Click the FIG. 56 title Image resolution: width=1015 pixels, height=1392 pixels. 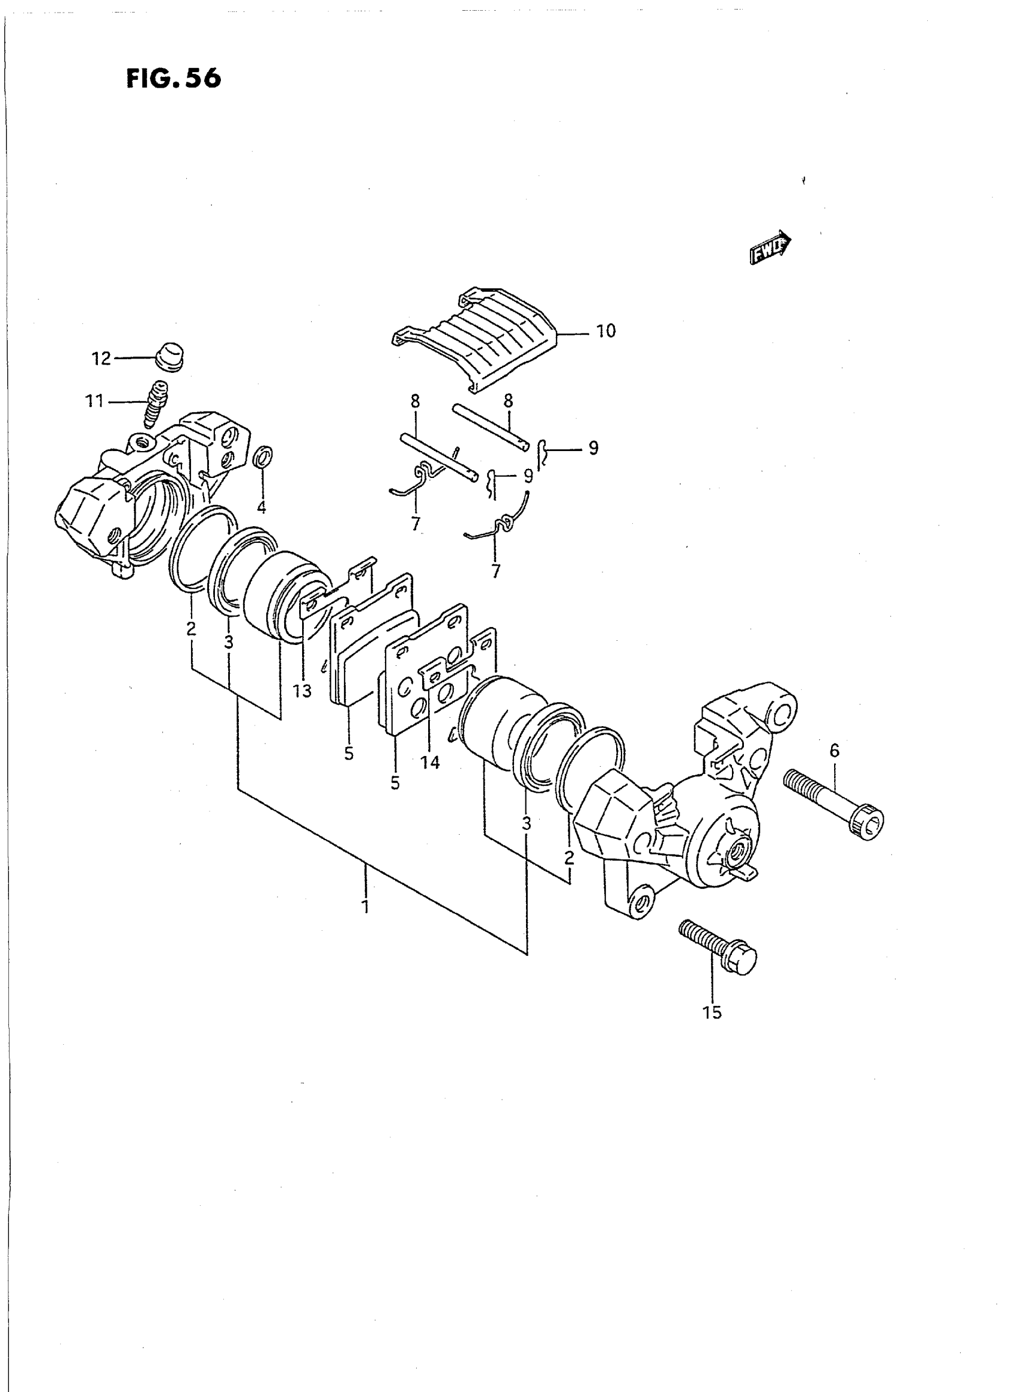[173, 79]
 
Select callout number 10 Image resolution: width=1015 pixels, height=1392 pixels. [606, 331]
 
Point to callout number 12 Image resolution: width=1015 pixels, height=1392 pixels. [101, 358]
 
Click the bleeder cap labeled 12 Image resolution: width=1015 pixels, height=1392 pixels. [170, 356]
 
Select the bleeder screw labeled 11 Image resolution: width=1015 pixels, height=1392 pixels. [154, 403]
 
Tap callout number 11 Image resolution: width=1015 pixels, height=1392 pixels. [94, 402]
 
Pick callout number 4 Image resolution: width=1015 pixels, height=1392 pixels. [262, 507]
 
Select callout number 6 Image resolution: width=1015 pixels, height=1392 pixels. [833, 751]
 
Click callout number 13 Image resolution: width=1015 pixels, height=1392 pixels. [302, 691]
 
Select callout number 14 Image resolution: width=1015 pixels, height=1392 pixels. [430, 762]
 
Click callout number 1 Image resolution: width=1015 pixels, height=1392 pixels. [365, 906]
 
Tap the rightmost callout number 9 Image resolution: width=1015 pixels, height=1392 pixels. [593, 448]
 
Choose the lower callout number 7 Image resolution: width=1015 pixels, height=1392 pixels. [495, 571]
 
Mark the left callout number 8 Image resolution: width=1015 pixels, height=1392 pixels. [416, 402]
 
